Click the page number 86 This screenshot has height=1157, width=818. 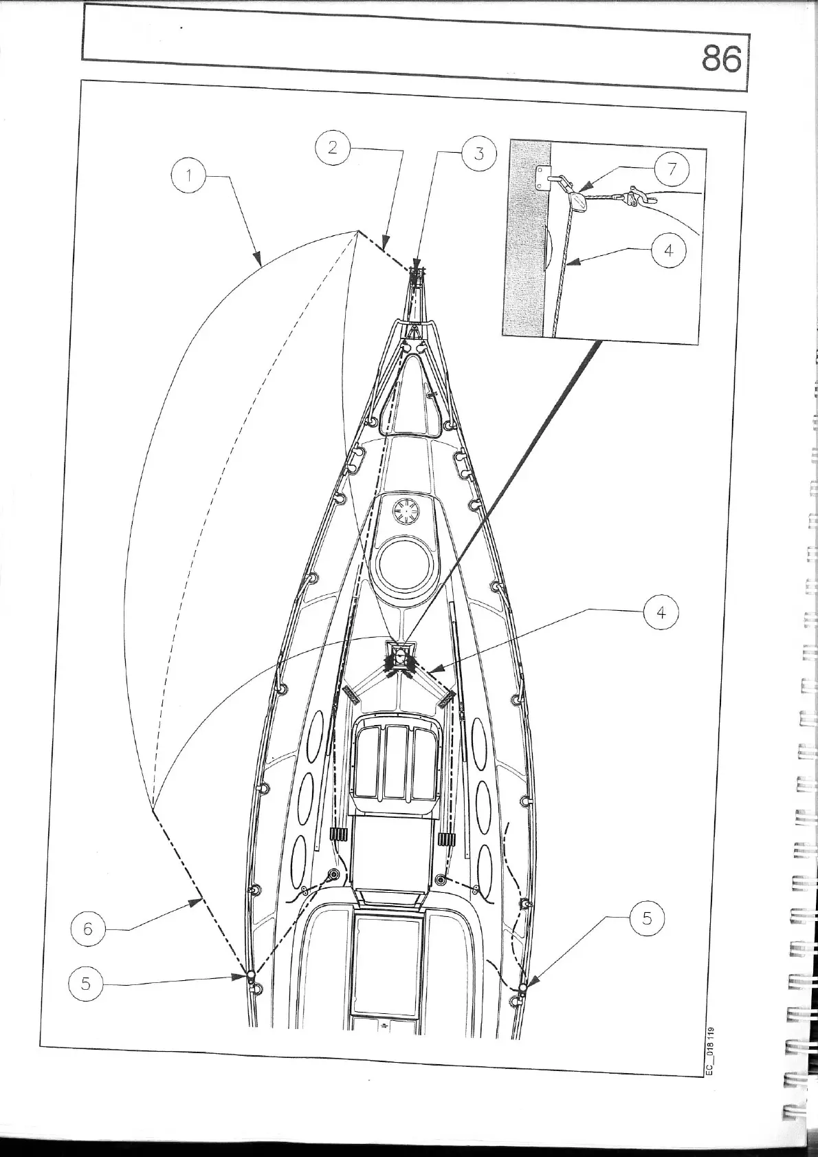tap(721, 59)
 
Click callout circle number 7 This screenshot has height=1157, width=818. tap(670, 168)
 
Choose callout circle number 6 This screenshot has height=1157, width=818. tap(89, 929)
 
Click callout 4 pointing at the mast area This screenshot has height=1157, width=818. tap(661, 612)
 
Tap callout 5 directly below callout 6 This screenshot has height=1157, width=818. tap(86, 983)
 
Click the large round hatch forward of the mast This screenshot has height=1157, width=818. tap(406, 565)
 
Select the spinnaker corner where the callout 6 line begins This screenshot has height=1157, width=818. tap(153, 810)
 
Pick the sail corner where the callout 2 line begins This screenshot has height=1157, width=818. tap(357, 231)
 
